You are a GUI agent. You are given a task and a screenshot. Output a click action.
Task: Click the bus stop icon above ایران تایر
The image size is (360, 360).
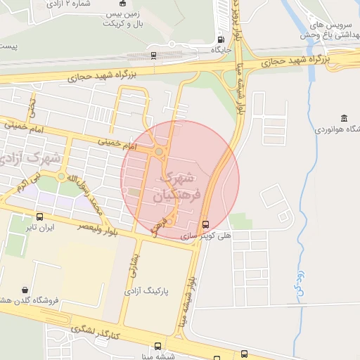click(39, 217)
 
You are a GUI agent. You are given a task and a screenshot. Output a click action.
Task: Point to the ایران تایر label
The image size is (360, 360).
click(39, 228)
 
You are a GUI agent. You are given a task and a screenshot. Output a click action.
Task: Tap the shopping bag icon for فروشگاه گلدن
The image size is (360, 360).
click(25, 290)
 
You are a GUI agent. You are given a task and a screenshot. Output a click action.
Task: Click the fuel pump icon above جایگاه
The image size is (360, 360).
click(221, 40)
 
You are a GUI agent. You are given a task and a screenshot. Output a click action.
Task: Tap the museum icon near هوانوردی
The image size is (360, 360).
click(344, 117)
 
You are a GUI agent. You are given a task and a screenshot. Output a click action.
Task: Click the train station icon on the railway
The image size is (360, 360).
click(154, 55)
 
